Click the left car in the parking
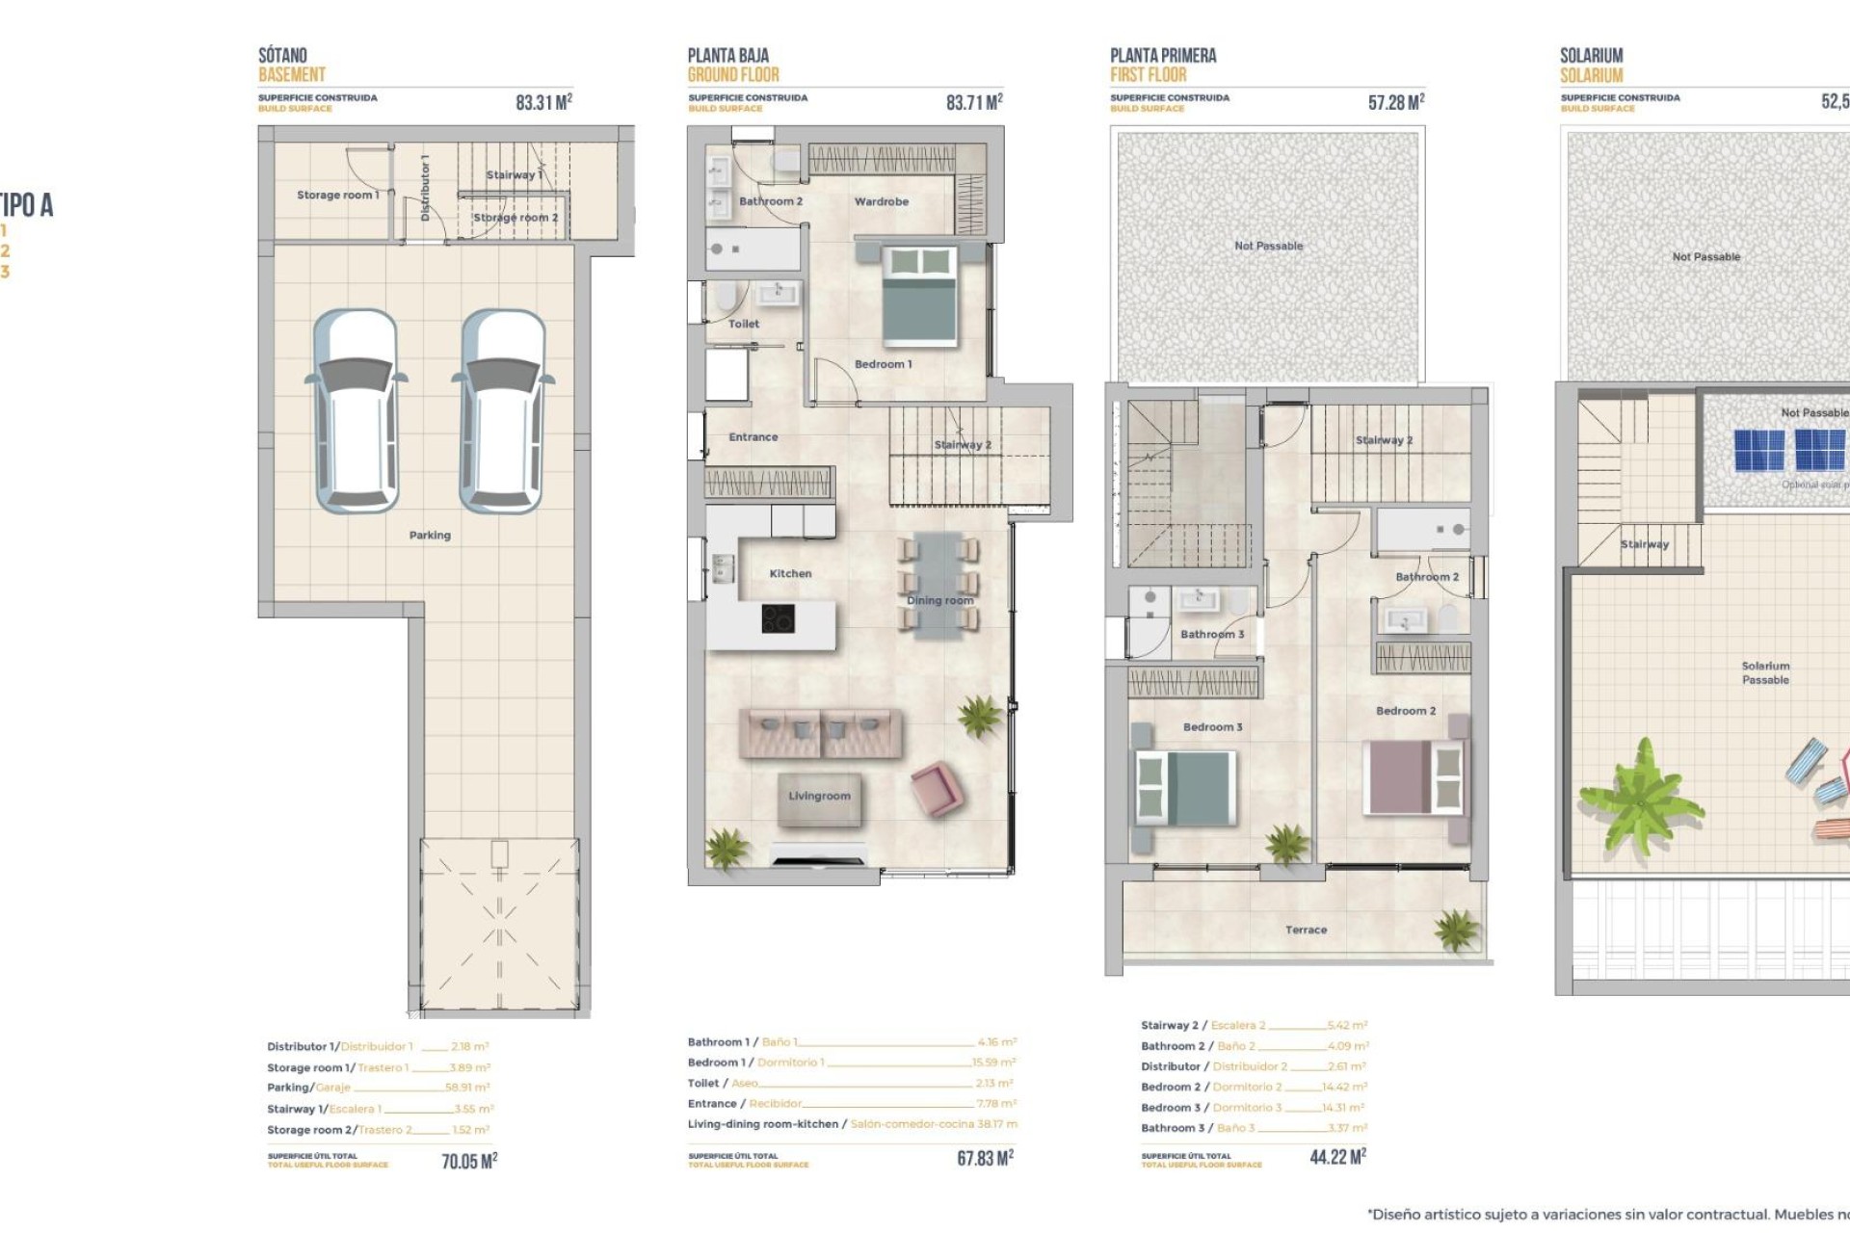pyautogui.click(x=357, y=411)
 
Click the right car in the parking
pyautogui.click(x=502, y=411)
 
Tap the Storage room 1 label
pyautogui.click(x=337, y=195)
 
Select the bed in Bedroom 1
pyautogui.click(x=920, y=296)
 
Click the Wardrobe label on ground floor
pyautogui.click(x=881, y=201)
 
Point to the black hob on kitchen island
pyautogui.click(x=779, y=617)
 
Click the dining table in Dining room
pyautogui.click(x=938, y=585)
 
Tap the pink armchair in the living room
pyautogui.click(x=935, y=788)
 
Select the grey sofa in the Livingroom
pyautogui.click(x=820, y=732)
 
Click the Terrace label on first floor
pyautogui.click(x=1306, y=930)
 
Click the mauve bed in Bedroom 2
pyautogui.click(x=1413, y=777)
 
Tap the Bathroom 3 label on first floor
pyautogui.click(x=1212, y=634)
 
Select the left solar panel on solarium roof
pyautogui.click(x=1759, y=450)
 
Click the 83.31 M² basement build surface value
pyautogui.click(x=543, y=102)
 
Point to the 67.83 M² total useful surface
pyautogui.click(x=985, y=1158)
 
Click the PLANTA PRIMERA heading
pyautogui.click(x=1163, y=56)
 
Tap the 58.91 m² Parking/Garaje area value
pyautogui.click(x=467, y=1088)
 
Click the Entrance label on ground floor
pyautogui.click(x=753, y=437)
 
